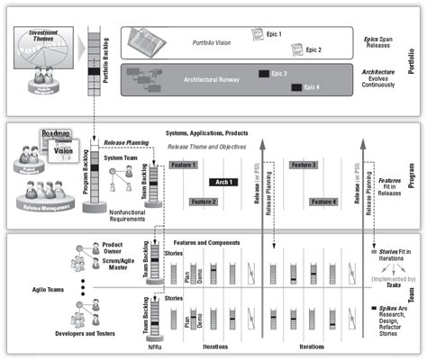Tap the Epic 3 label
click(x=278, y=73)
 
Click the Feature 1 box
click(x=183, y=166)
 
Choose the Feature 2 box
click(x=204, y=202)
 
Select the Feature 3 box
click(x=303, y=166)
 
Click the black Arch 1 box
click(x=224, y=182)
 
